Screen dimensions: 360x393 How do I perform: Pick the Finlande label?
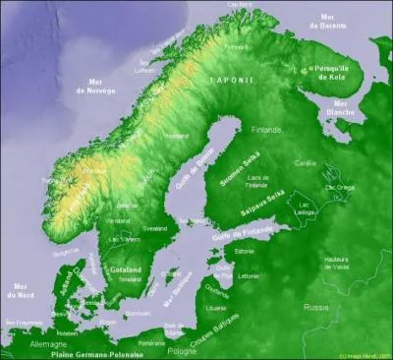coord(264,129)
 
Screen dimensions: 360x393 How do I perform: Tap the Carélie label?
coord(306,163)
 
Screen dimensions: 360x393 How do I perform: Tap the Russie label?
coord(316,307)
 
